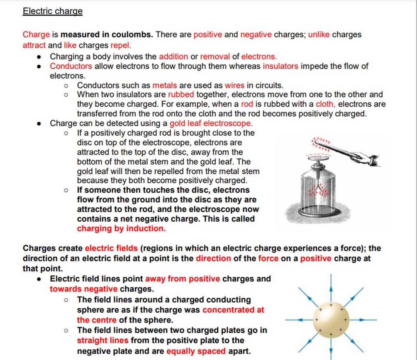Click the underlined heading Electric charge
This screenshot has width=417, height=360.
coord(53,11)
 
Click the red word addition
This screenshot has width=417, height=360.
coord(173,56)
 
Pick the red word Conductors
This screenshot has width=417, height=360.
coord(71,66)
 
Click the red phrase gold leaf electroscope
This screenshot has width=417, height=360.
coord(211,123)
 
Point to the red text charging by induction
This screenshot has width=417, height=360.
coord(121,228)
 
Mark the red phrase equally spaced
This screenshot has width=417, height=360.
coord(196,351)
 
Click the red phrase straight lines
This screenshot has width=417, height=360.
coord(103,340)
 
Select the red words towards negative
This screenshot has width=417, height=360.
coord(83,289)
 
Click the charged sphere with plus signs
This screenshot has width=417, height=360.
coord(331,320)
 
